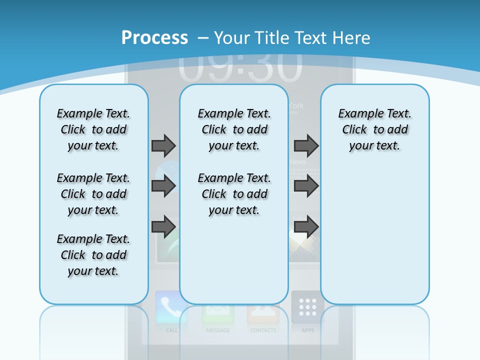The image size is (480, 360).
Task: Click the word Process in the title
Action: pyautogui.click(x=154, y=37)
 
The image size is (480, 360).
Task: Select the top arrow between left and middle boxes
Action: pyautogui.click(x=163, y=145)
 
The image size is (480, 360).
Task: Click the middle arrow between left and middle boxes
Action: pyautogui.click(x=163, y=186)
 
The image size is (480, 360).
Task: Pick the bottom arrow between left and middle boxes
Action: pyautogui.click(x=163, y=226)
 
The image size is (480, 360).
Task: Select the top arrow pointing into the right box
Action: pyautogui.click(x=306, y=145)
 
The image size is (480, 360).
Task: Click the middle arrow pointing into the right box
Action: pyautogui.click(x=306, y=186)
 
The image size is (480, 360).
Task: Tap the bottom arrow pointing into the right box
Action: pyautogui.click(x=306, y=226)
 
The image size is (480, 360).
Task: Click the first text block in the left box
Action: pyautogui.click(x=93, y=129)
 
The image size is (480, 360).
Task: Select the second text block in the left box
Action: pyautogui.click(x=93, y=194)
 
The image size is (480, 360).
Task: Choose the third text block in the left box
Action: pyautogui.click(x=93, y=255)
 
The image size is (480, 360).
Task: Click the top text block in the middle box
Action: pyautogui.click(x=234, y=129)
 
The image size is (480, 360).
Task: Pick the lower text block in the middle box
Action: pyautogui.click(x=234, y=194)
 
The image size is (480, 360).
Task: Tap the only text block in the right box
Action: pyautogui.click(x=374, y=129)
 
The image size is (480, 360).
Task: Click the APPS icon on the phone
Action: pyautogui.click(x=307, y=307)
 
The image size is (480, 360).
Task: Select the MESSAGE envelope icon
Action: pyautogui.click(x=217, y=313)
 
